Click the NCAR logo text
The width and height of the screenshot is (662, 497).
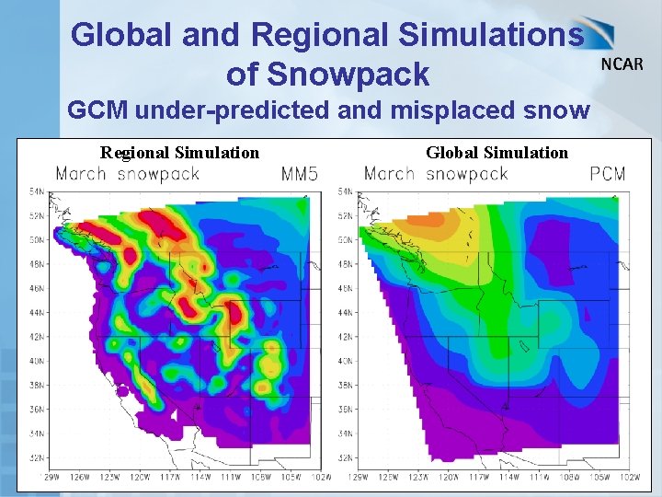[x=622, y=64]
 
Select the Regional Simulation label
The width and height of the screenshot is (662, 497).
[x=179, y=152]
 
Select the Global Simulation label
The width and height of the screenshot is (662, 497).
[x=496, y=152]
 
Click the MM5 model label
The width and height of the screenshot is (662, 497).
[x=300, y=173]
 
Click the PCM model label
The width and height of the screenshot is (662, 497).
[x=608, y=173]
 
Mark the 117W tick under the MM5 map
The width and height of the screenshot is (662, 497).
[x=167, y=477]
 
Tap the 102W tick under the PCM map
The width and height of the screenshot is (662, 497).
[x=630, y=477]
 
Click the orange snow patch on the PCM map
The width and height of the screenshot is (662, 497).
[x=418, y=221]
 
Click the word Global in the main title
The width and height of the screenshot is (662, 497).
[x=120, y=35]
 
